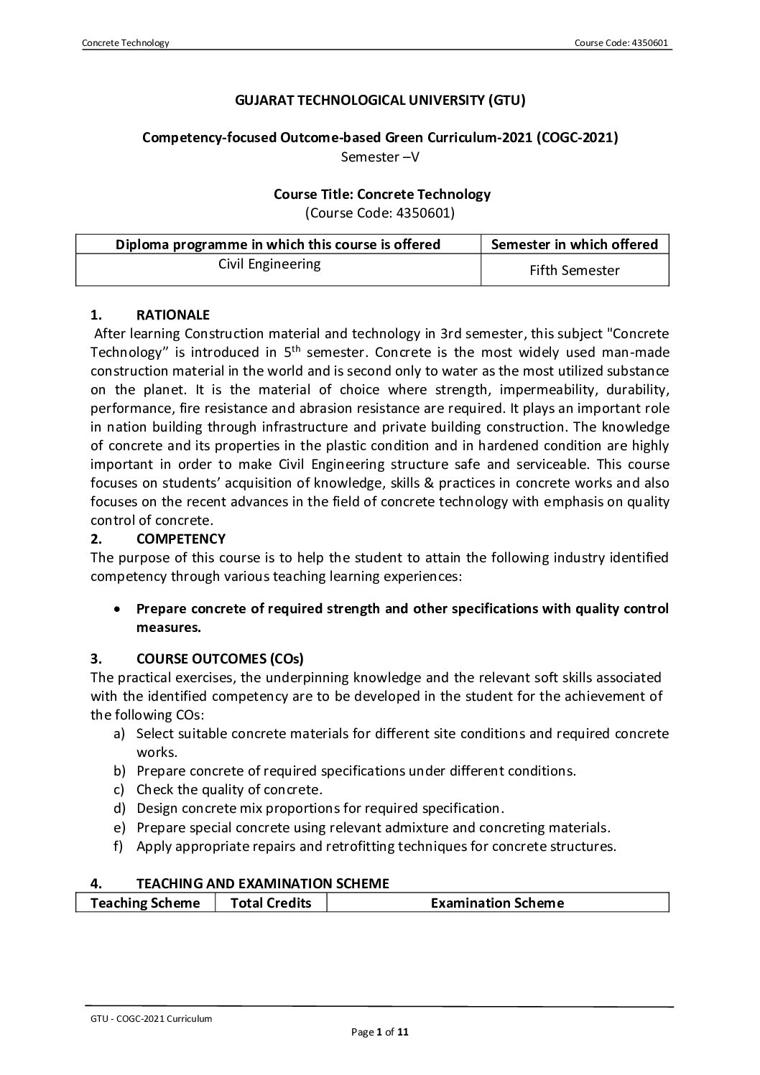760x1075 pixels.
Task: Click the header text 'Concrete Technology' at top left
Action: (x=126, y=43)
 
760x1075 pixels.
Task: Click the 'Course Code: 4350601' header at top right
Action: (x=621, y=43)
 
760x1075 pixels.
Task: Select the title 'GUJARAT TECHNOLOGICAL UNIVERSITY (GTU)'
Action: (x=380, y=101)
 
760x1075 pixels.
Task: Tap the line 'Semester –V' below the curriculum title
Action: (x=380, y=156)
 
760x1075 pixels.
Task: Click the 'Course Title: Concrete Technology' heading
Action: (x=382, y=194)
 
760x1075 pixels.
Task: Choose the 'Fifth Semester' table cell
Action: (x=574, y=271)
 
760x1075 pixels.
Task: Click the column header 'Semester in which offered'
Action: (x=574, y=244)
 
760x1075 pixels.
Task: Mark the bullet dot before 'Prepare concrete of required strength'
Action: (x=117, y=609)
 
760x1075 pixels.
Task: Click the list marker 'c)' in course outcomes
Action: (x=119, y=789)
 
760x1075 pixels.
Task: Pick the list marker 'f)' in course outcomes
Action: (x=119, y=845)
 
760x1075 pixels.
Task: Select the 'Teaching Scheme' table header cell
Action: (x=145, y=903)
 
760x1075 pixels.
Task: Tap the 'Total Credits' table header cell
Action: (x=271, y=903)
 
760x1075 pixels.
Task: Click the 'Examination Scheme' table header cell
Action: (x=497, y=903)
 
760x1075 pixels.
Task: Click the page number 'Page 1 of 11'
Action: (x=380, y=1033)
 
